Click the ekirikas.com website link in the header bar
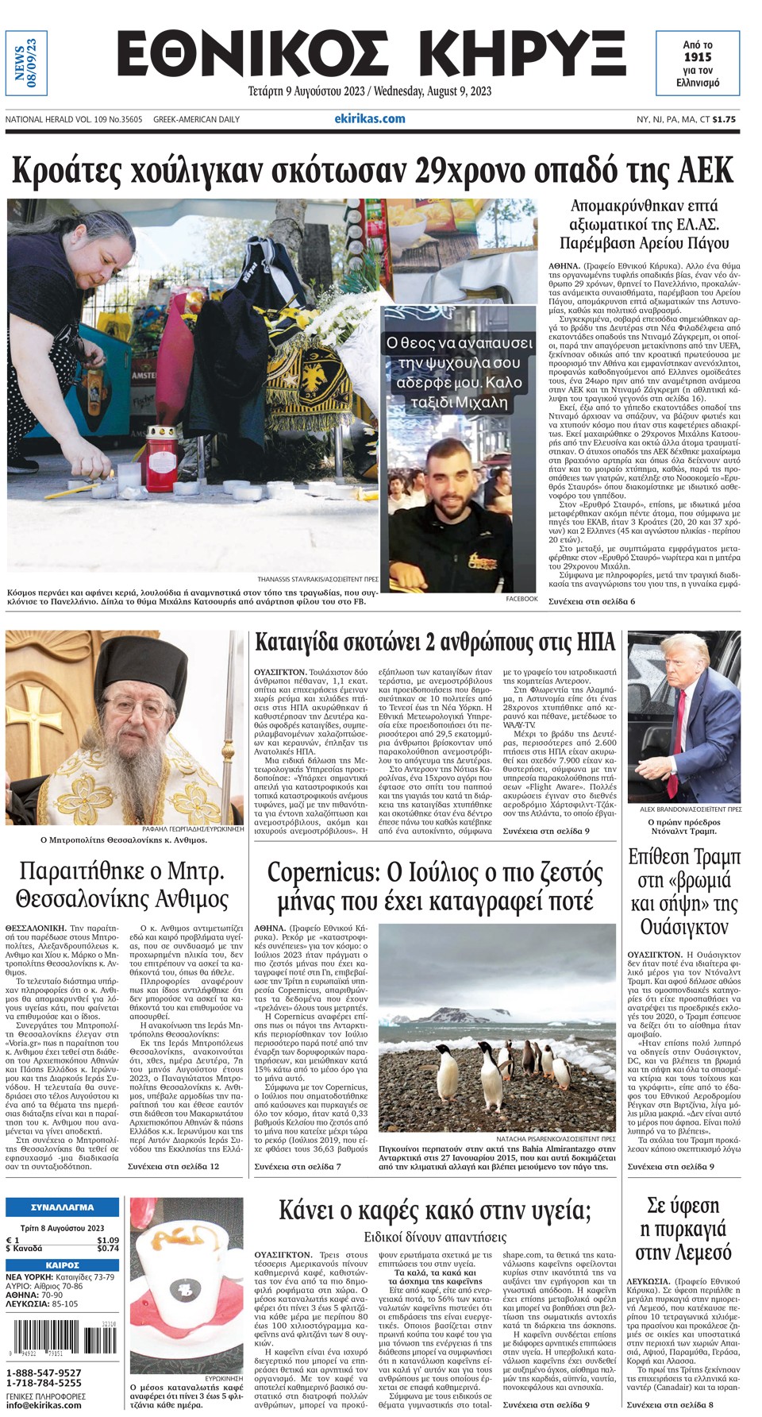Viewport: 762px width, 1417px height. (370, 119)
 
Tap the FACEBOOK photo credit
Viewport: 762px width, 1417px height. (521, 598)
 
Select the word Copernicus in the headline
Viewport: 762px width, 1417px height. (321, 872)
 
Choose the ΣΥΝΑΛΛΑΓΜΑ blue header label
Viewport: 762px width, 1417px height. (62, 1207)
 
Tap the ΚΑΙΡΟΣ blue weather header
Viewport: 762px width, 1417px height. (62, 1264)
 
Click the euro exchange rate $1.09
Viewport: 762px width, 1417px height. (108, 1240)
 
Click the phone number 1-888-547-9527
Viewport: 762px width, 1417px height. (44, 1373)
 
